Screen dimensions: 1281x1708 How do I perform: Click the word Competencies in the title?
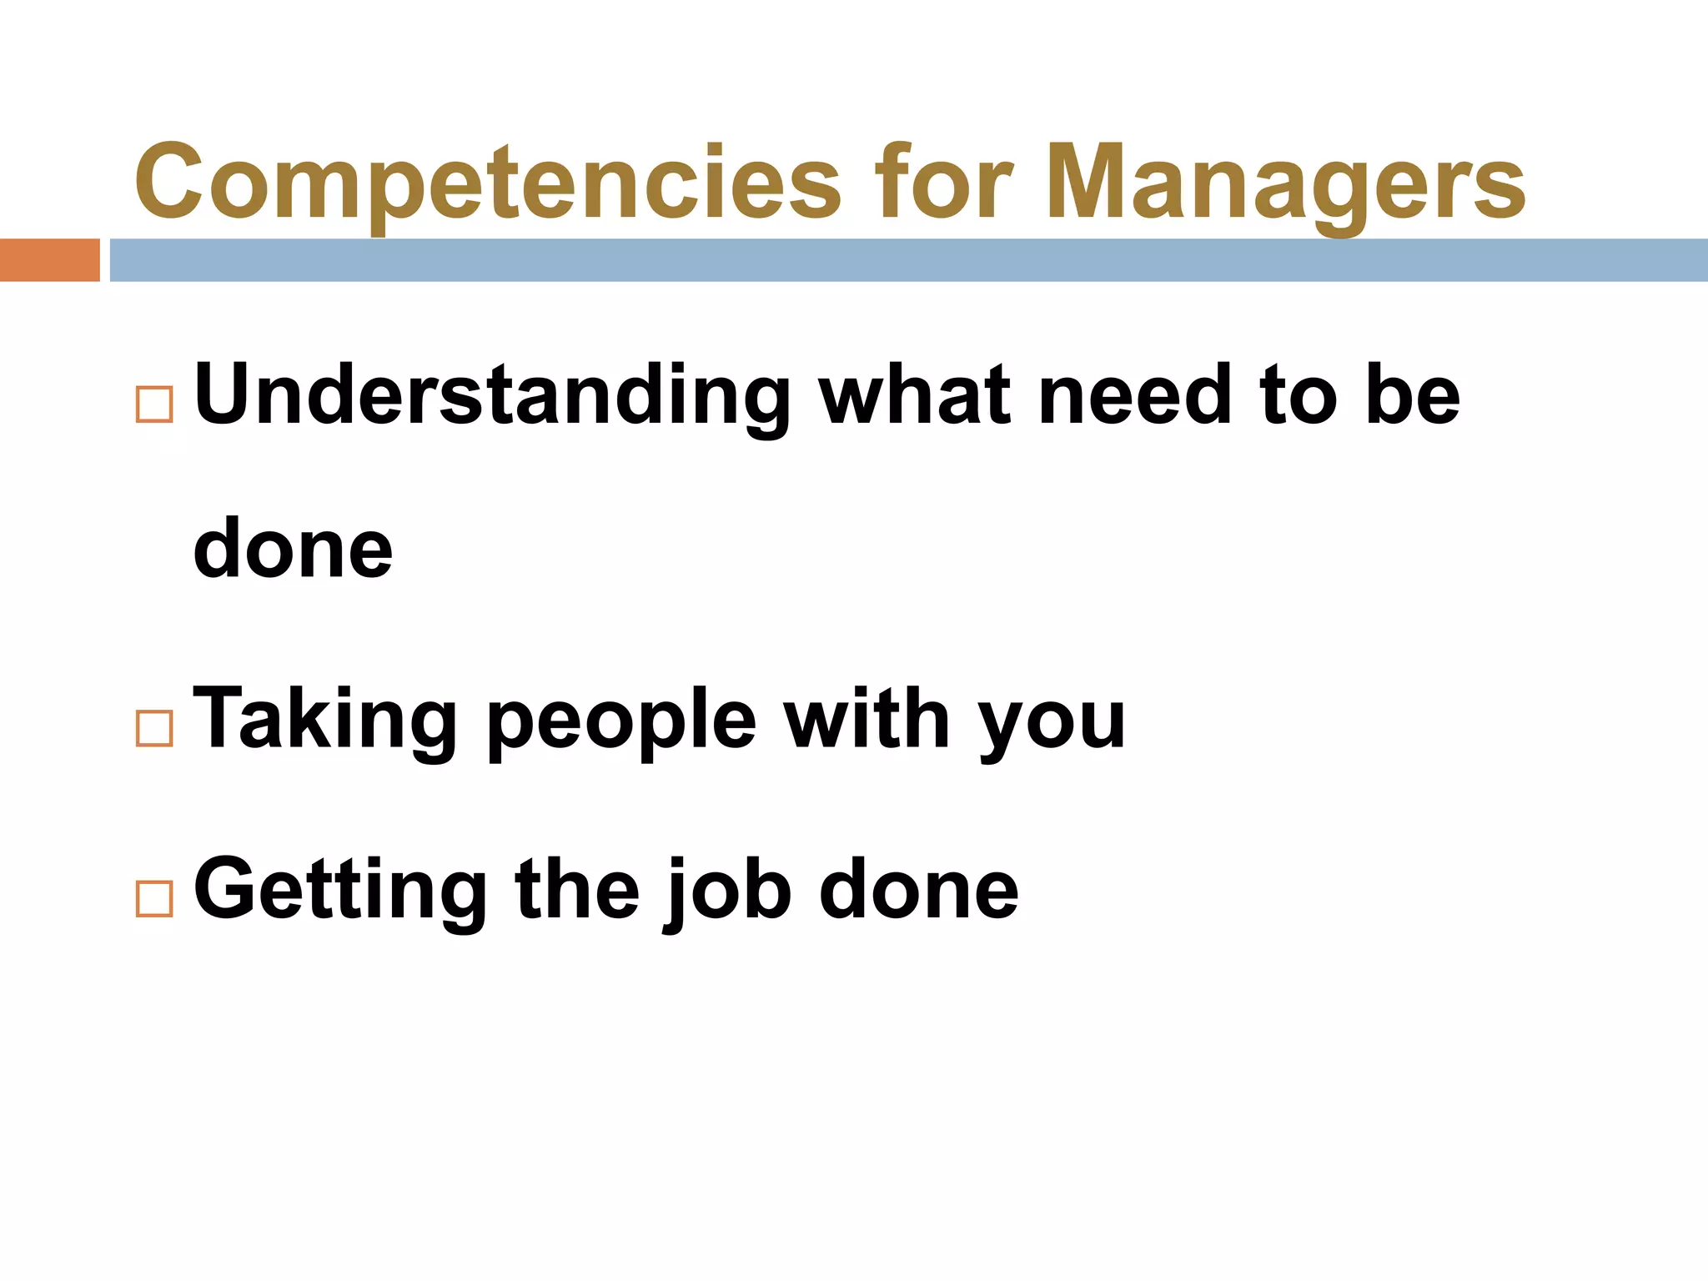click(487, 183)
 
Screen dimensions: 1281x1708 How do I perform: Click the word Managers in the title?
click(1284, 183)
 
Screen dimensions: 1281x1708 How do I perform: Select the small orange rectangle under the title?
click(49, 260)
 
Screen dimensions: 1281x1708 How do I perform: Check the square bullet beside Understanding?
click(154, 404)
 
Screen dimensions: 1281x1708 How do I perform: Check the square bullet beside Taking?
click(154, 728)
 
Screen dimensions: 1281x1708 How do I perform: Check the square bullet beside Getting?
click(154, 899)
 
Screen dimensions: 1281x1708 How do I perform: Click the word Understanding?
click(492, 395)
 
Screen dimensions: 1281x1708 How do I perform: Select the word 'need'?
click(1135, 395)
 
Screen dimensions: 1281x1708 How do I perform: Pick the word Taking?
click(325, 719)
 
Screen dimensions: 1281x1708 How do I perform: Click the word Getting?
click(340, 891)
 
